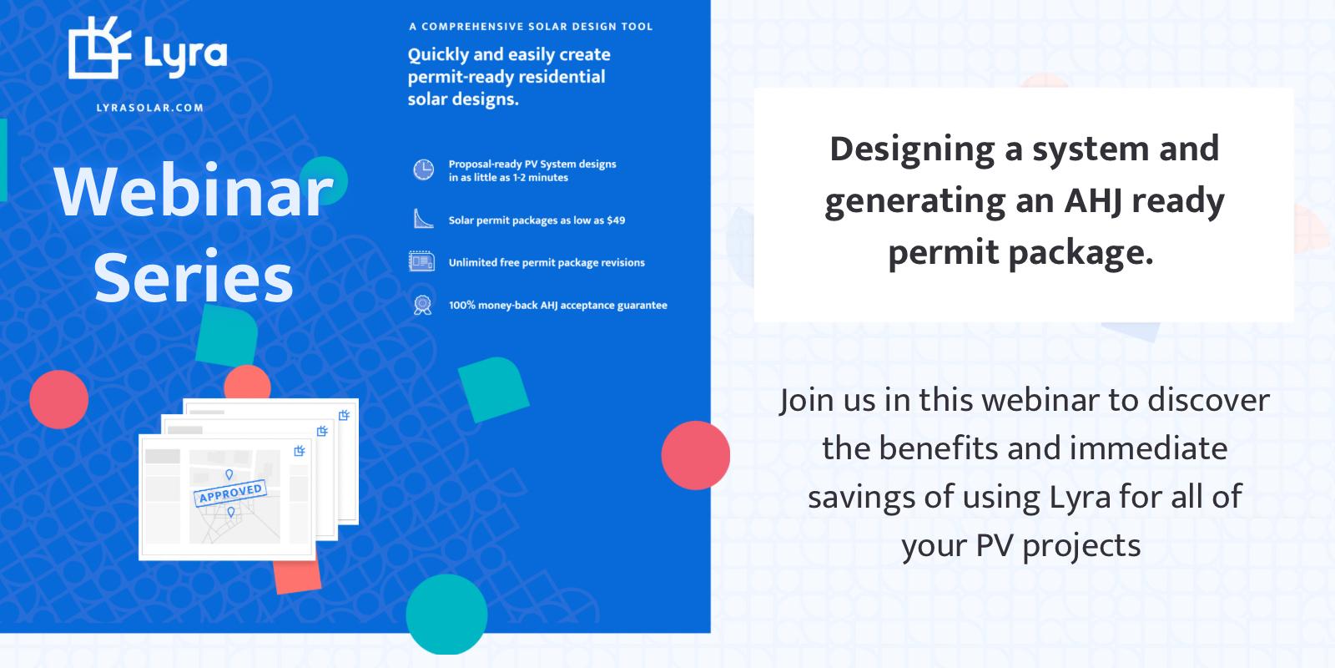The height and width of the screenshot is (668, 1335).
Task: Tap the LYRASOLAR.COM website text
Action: [150, 108]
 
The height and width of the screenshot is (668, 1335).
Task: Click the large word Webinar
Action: [194, 191]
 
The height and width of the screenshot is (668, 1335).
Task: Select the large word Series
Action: [194, 276]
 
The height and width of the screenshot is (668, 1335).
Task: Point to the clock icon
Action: [424, 170]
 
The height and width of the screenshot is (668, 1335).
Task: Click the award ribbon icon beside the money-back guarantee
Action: [422, 305]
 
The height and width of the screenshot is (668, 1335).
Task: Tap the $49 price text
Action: [616, 220]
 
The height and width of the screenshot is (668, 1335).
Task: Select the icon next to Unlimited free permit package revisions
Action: [422, 262]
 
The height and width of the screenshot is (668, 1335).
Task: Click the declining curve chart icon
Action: [423, 219]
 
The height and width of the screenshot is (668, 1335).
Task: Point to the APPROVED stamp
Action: [230, 493]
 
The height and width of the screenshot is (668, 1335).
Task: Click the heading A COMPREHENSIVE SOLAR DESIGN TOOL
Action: [531, 26]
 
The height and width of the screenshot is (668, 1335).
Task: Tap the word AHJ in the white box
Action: [1092, 200]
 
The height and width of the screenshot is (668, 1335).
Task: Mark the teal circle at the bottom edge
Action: [446, 615]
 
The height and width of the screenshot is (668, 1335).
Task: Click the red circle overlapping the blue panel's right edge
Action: [696, 455]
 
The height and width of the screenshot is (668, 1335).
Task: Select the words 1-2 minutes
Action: [541, 178]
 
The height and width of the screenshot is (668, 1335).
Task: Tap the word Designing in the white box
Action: [913, 149]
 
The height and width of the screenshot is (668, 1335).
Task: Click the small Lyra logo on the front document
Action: [300, 451]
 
